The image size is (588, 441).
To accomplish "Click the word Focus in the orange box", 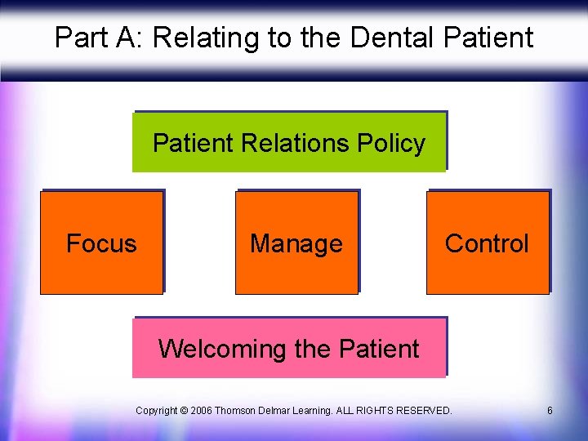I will pyautogui.click(x=101, y=243).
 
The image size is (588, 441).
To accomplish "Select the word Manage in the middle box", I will pyautogui.click(x=296, y=243).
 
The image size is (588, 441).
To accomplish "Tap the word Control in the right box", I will pyautogui.click(x=487, y=243).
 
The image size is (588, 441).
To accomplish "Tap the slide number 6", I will pyautogui.click(x=550, y=410).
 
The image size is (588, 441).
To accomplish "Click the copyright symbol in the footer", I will pyautogui.click(x=185, y=410).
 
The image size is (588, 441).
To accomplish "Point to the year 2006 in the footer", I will pyautogui.click(x=203, y=410).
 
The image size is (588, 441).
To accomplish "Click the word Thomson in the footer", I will pyautogui.click(x=236, y=410).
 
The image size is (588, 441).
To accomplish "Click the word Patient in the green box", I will pyautogui.click(x=194, y=144).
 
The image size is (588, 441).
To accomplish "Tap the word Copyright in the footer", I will pyautogui.click(x=157, y=410).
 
